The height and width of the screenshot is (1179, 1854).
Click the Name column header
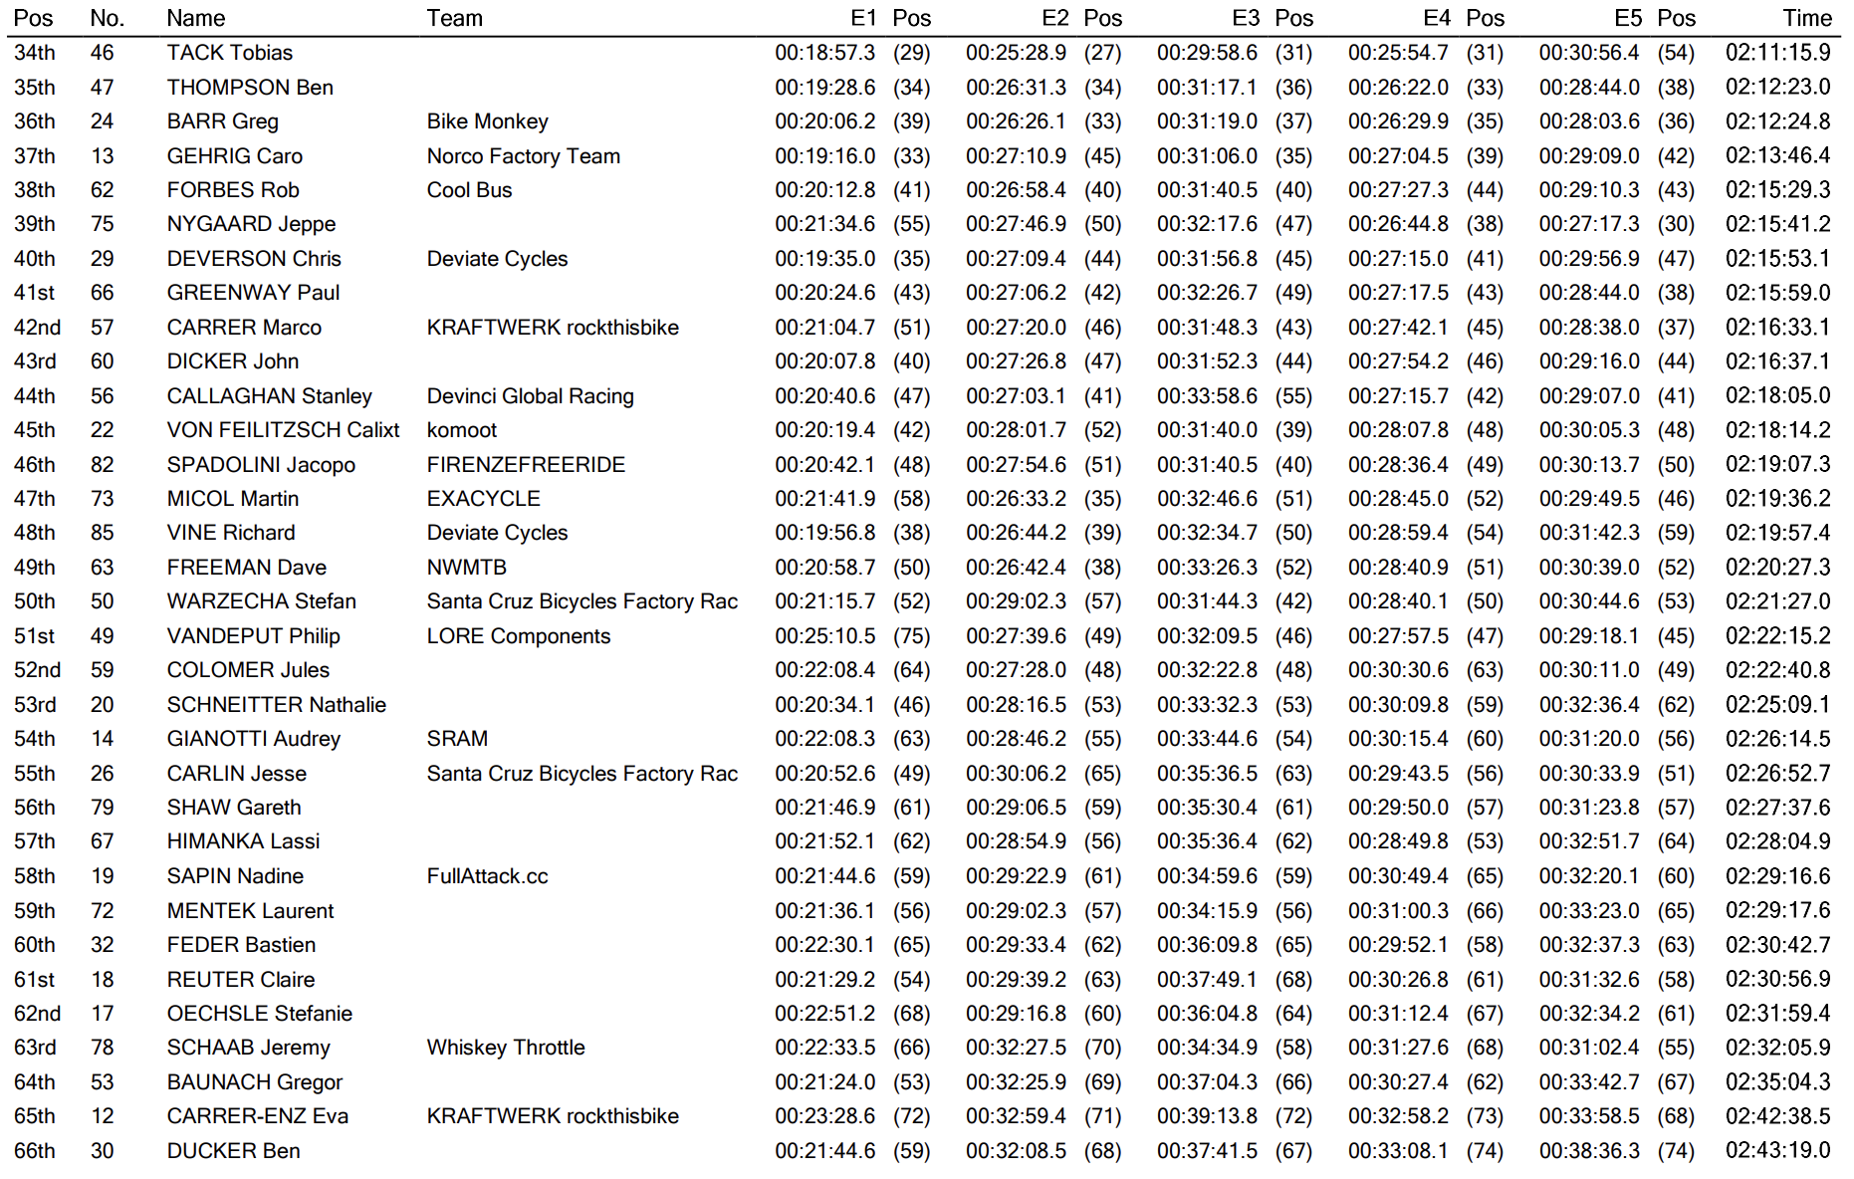coord(196,18)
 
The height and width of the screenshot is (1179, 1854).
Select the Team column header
coord(454,18)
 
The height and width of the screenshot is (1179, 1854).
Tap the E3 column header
coord(1245,18)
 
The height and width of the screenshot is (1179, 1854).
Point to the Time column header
coord(1806,18)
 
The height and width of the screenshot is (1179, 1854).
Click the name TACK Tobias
coord(230,53)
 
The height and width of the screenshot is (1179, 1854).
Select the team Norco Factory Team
coord(523,156)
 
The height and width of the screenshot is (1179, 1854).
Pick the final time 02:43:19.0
coord(1777,1151)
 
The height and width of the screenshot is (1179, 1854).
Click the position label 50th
coord(35,601)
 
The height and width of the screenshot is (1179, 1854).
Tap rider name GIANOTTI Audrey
coord(254,739)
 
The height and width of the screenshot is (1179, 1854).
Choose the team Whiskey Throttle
coord(506,1048)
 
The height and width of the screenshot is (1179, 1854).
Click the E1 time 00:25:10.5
coord(825,636)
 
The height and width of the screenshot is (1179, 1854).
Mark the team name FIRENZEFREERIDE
coord(526,465)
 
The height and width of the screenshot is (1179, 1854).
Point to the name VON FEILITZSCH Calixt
coord(283,430)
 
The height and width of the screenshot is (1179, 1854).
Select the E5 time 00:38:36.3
coord(1589,1151)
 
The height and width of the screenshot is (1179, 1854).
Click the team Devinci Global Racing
coord(530,396)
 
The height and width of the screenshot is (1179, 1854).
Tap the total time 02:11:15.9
coord(1777,53)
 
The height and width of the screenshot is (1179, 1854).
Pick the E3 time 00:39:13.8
coord(1207,1116)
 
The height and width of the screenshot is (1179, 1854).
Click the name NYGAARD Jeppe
coord(251,224)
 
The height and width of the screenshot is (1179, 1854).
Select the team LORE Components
coord(518,636)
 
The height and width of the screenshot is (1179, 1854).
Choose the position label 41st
coord(34,293)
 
